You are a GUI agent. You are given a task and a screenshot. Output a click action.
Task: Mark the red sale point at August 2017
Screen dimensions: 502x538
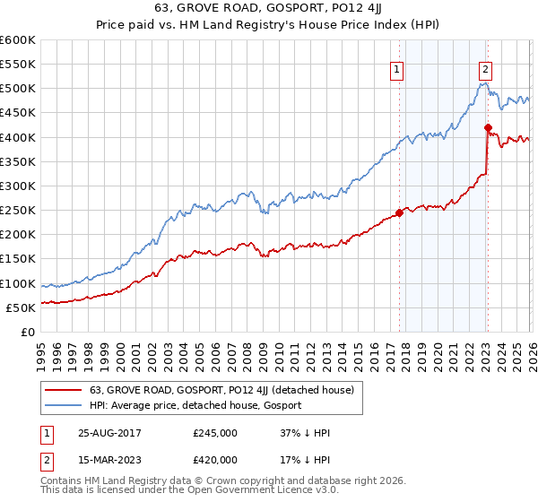point(399,212)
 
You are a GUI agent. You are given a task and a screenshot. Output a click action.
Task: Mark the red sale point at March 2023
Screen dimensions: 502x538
point(488,127)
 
